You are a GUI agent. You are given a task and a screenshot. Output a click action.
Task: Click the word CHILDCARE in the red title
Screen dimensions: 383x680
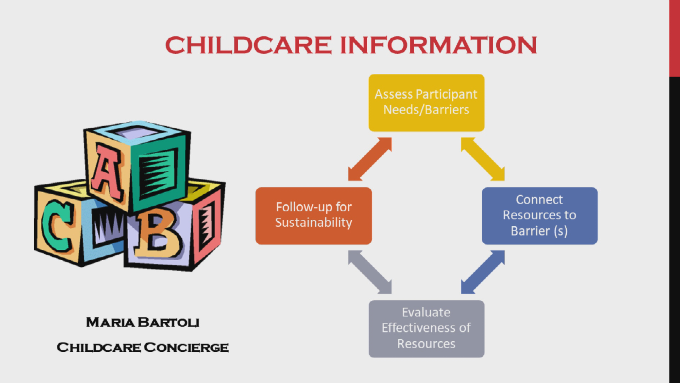coord(248,45)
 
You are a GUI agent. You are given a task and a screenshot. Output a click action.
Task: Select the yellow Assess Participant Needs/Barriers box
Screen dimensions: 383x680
coord(426,103)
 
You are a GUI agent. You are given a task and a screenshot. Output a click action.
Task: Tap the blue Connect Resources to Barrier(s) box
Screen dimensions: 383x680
coord(539,216)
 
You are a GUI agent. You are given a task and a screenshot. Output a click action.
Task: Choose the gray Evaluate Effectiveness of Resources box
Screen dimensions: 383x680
coord(426,328)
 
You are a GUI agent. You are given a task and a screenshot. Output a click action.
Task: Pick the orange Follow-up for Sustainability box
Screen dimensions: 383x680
coord(313,216)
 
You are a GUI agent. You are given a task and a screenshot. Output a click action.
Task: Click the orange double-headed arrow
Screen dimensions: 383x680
coord(369,159)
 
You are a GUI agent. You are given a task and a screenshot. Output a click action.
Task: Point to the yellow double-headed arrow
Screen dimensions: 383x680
coord(483,159)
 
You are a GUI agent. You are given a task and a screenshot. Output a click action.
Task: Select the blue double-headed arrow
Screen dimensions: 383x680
coord(483,272)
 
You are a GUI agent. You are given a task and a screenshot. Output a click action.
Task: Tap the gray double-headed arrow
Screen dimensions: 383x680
coord(369,272)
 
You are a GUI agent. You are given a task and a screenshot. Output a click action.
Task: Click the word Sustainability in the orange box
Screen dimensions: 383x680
coord(313,223)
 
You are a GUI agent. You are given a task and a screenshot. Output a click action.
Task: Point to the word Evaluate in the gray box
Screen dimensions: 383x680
coord(426,312)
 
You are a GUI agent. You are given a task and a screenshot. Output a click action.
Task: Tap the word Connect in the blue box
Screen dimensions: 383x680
coord(539,200)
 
